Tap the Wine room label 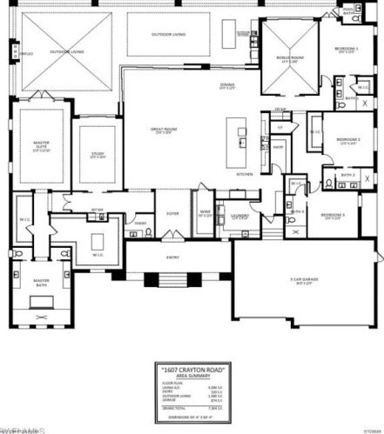(205, 211)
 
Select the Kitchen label (246, 173)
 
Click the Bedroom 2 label (348, 139)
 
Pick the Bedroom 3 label (333, 215)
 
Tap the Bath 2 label (346, 176)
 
